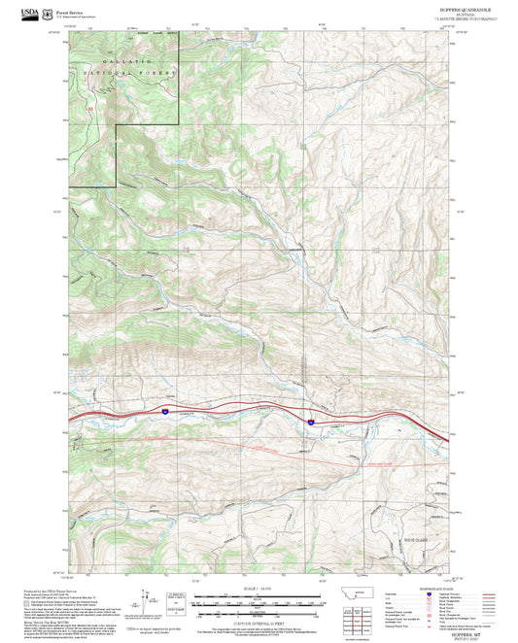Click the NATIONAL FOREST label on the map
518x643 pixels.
tap(131, 74)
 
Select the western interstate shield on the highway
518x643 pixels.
tap(165, 412)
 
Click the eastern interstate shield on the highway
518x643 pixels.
tap(310, 422)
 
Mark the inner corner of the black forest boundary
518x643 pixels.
tap(117, 126)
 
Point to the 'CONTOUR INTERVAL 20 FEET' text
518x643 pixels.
tap(259, 622)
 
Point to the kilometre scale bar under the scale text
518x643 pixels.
tap(259, 602)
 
